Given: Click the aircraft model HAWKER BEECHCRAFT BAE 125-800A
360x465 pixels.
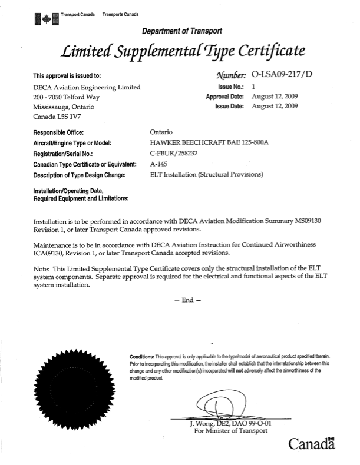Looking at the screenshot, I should point(204,142).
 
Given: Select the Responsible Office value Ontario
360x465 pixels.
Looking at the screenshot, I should point(164,132).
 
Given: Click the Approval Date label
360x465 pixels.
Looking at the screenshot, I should point(224,96).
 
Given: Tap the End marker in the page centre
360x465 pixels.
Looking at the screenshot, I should point(188,300).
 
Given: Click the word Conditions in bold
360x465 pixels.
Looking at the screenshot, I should point(141,357).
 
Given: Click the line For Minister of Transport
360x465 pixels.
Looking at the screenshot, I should point(230,430).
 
